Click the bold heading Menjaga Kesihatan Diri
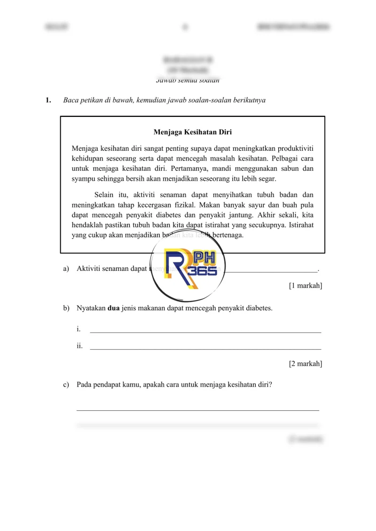tap(193, 132)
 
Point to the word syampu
tap(83, 179)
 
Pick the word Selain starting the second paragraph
tap(105, 195)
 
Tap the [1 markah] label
tap(305, 286)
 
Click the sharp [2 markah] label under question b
tap(305, 363)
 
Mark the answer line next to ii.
tap(205, 348)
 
